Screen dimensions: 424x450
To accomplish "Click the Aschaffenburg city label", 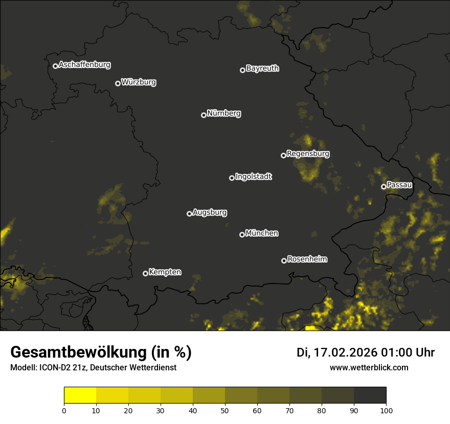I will click(x=84, y=65).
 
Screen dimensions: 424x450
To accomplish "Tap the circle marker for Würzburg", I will click(x=118, y=83).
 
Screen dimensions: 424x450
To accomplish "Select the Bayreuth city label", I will click(x=262, y=68).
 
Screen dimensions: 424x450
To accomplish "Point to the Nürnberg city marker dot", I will click(x=204, y=115).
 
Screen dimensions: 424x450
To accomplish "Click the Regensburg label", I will click(x=308, y=154).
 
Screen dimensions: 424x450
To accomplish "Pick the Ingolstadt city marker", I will click(x=232, y=178).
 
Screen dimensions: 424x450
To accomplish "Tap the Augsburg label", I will click(x=210, y=213).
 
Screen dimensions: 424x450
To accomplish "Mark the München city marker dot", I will click(x=242, y=235).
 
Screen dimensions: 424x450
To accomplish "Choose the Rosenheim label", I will click(x=307, y=260).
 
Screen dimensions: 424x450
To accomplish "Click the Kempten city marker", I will click(x=145, y=273).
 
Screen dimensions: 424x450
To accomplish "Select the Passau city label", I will click(x=399, y=185).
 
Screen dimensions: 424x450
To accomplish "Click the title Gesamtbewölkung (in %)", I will click(x=101, y=352).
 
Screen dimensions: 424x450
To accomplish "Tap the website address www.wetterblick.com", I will click(x=369, y=367).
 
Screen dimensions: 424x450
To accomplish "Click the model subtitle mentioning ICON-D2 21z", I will click(x=93, y=367).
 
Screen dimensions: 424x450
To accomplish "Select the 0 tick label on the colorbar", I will click(x=64, y=410).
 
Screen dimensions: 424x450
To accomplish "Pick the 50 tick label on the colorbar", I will click(x=225, y=410).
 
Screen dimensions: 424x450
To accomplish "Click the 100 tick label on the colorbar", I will click(x=386, y=410).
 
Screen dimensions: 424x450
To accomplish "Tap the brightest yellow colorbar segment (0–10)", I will click(x=80, y=395).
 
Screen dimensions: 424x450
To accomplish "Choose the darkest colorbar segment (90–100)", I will click(x=370, y=395).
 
